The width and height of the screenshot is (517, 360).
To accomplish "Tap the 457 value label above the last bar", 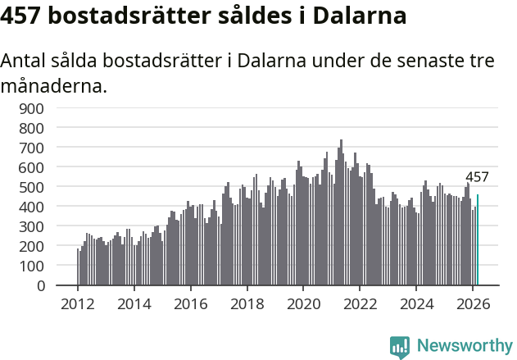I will (x=477, y=177).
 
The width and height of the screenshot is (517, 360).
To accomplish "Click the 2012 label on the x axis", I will (x=78, y=303).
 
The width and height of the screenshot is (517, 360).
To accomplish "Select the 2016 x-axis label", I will (x=190, y=303).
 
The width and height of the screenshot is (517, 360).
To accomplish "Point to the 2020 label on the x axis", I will (x=303, y=303).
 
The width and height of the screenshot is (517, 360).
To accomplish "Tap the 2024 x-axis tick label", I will (x=416, y=303).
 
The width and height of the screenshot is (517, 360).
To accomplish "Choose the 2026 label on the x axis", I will (x=473, y=303).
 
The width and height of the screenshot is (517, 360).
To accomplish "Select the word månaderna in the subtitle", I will (x=54, y=84).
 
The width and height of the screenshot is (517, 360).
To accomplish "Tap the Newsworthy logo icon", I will (x=400, y=346).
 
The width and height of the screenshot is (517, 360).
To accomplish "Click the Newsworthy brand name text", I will (x=464, y=346).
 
